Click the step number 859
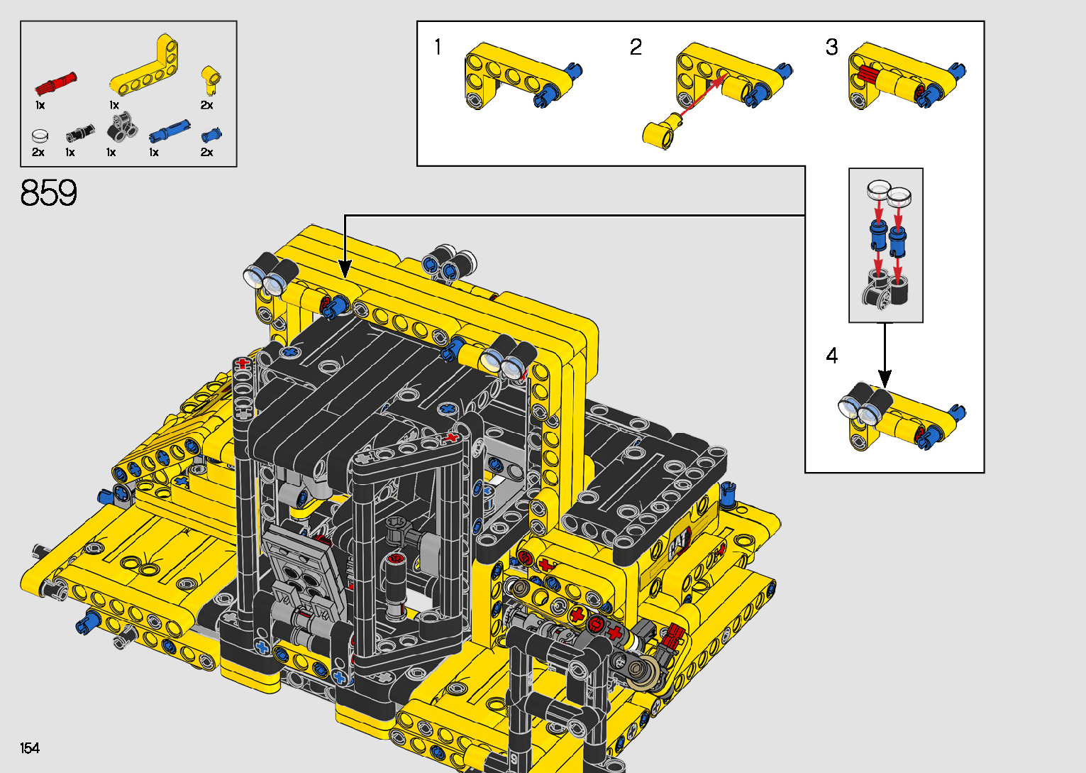48,192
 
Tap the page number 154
30,747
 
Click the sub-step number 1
438,47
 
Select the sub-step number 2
636,47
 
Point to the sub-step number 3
831,47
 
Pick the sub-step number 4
831,356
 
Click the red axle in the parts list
55,84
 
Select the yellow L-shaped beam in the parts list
145,65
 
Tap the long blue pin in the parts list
170,131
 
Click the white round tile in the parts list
40,136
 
